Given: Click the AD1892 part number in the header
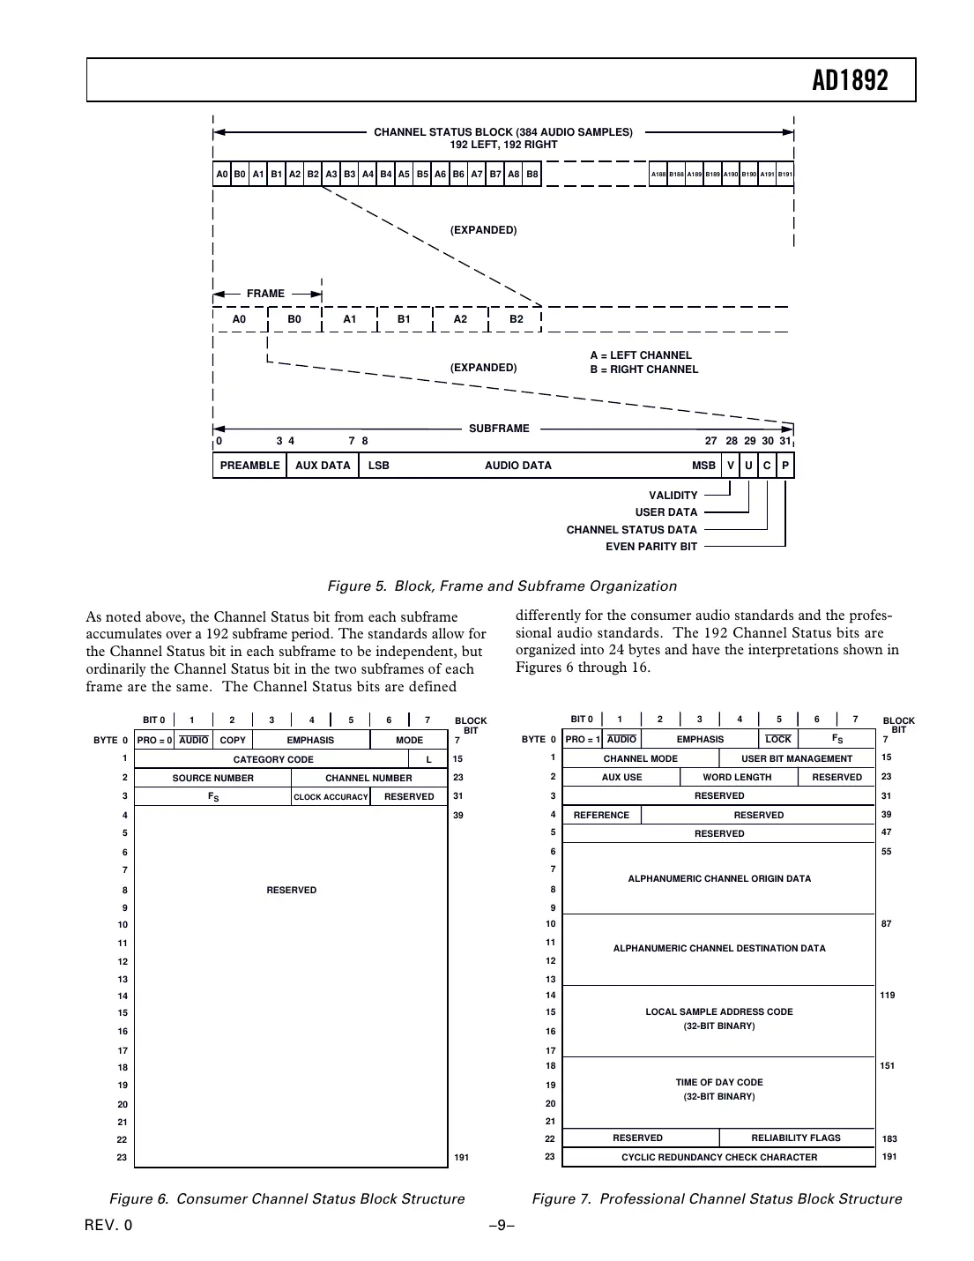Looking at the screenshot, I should point(850,81).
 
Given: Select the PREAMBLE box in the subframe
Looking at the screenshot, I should point(249,466).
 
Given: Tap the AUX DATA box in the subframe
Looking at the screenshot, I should point(323,466).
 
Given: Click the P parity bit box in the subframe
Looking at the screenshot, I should point(785,466).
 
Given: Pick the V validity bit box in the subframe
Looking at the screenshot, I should point(730,466).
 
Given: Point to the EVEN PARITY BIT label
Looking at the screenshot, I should point(651,547).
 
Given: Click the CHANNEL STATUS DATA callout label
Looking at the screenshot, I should point(631,530).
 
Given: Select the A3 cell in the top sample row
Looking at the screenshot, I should point(331,175).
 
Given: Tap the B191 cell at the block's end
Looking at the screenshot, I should point(785,175).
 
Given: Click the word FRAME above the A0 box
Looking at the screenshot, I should point(265,294).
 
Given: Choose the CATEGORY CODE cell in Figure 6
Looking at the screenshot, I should point(273,759).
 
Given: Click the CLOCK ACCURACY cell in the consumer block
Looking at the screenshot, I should point(331,797).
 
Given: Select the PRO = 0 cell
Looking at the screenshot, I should point(154,741).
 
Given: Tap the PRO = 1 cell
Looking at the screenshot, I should point(583,740).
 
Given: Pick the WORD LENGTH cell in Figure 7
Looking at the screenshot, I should point(737,778).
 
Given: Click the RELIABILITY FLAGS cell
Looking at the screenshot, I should point(796,1138).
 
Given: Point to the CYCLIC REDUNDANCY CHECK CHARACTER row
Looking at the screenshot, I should point(719,1158).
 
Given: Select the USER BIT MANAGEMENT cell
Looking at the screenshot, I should point(797,759).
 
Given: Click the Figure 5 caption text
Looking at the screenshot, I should point(502,586).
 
